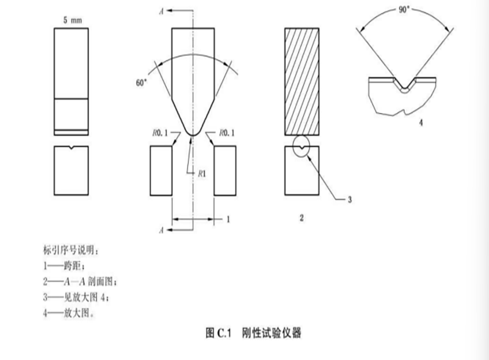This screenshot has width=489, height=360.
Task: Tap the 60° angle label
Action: pos(142,83)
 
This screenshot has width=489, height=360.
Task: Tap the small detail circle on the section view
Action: pos(302,146)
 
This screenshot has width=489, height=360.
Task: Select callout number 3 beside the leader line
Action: pos(350,199)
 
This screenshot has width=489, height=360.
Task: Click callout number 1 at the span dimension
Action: pos(228,218)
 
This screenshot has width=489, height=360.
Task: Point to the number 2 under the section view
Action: pos(302,218)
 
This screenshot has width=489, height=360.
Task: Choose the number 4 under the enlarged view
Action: pos(420,123)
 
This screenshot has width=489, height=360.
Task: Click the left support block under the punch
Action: pos(160,170)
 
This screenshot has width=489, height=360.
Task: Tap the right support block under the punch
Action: pos(225,170)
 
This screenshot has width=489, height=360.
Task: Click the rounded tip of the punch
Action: pos(192,132)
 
